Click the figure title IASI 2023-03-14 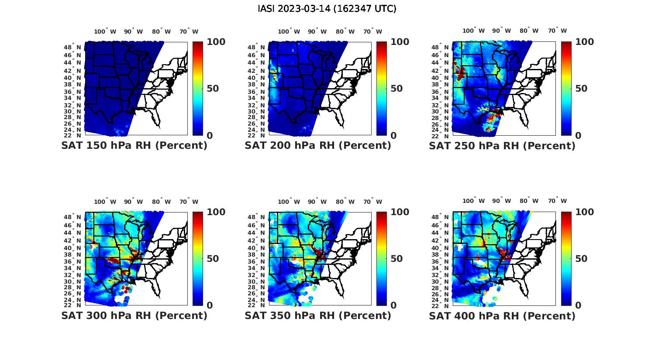click(x=327, y=9)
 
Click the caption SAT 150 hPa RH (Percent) click(x=134, y=145)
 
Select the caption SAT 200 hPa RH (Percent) click(x=318, y=145)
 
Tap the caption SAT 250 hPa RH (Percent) click(x=502, y=145)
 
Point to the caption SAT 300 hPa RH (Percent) click(x=134, y=315)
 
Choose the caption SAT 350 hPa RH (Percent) click(x=318, y=315)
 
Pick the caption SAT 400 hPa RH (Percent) click(x=502, y=315)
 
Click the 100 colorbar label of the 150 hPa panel click(x=216, y=42)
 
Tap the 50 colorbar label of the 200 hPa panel click(x=396, y=89)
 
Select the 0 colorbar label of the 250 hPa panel click(x=578, y=135)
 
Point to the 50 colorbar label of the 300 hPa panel click(x=212, y=258)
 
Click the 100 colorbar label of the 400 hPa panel click(x=584, y=212)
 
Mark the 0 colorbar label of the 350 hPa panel click(x=393, y=305)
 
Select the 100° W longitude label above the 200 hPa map click(x=289, y=31)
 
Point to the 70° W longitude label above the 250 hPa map click(x=558, y=31)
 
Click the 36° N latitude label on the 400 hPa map click(x=441, y=261)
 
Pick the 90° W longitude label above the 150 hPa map click(x=133, y=31)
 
